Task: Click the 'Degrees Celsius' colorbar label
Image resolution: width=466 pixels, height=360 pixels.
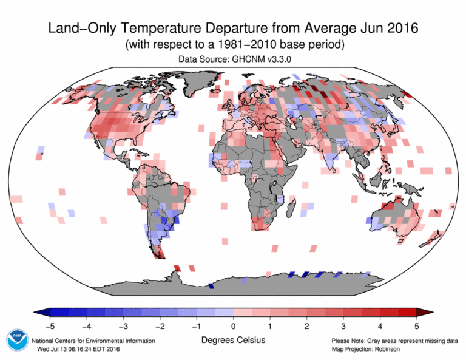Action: coord(233,340)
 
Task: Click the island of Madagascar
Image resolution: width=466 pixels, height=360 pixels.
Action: coord(290,209)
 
